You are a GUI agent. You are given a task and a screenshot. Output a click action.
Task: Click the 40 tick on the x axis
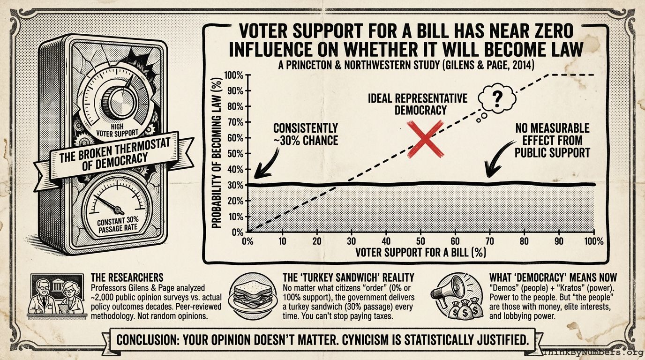click(x=386, y=241)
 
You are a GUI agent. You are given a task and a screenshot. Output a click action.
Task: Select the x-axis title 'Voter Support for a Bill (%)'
click(x=420, y=252)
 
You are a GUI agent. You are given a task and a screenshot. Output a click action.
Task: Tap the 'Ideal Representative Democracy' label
click(x=417, y=104)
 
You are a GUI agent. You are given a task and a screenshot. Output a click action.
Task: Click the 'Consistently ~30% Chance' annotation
click(x=305, y=134)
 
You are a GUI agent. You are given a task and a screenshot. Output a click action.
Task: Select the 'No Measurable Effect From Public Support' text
click(x=552, y=140)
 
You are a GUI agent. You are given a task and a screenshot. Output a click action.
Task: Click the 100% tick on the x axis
click(x=593, y=241)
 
